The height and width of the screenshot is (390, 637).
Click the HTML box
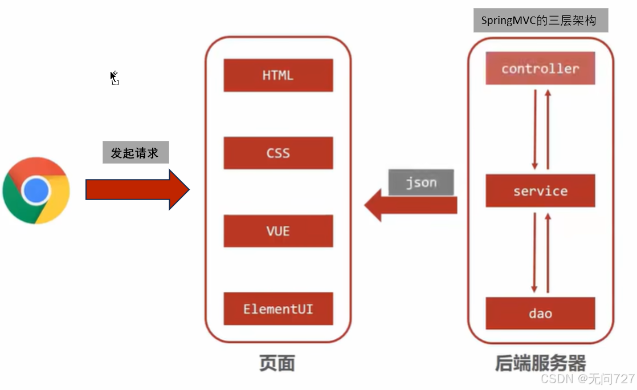[x=278, y=75]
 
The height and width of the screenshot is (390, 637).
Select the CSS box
[x=278, y=153]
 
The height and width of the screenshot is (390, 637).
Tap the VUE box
[x=278, y=231]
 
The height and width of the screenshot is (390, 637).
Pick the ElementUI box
[x=278, y=309]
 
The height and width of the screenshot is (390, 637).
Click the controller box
[x=540, y=68]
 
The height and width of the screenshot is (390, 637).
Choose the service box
[x=540, y=191]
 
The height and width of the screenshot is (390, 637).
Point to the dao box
[x=540, y=313]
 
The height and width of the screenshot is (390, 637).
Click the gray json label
[x=422, y=182]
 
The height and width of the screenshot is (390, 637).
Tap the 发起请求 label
[x=136, y=153]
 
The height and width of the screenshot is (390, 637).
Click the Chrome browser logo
[x=36, y=190]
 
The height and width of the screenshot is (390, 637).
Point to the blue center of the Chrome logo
[x=36, y=190]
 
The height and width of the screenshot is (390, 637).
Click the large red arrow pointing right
[x=137, y=189]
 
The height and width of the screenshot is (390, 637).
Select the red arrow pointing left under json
[x=410, y=205]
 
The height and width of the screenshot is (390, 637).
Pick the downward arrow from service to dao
[x=534, y=251]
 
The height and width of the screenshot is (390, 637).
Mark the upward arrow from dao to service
[x=548, y=251]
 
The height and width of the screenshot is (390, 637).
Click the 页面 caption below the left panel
[x=277, y=364]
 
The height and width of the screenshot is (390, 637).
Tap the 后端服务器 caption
[x=540, y=364]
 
